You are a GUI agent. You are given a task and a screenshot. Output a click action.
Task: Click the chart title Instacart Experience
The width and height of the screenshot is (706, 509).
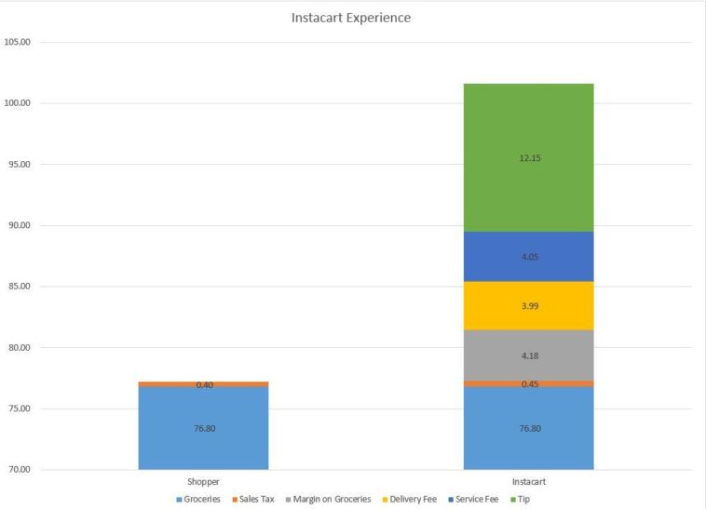click(x=350, y=18)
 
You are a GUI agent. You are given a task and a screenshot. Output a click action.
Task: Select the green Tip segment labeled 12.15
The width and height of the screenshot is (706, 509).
click(x=528, y=158)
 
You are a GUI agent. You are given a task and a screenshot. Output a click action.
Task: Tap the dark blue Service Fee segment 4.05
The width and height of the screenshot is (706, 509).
click(x=528, y=257)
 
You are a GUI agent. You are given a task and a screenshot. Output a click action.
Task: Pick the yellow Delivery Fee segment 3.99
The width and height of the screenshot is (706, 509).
click(x=528, y=306)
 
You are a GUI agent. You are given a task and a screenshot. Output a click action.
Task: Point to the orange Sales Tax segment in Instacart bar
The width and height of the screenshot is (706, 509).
click(x=528, y=383)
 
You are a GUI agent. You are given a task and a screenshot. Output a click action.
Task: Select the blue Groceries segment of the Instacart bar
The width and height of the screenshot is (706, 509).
click(x=528, y=429)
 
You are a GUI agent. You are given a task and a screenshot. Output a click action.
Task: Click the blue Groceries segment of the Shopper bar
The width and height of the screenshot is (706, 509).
click(x=203, y=429)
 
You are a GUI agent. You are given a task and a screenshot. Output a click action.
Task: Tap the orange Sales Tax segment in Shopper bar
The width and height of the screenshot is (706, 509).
click(x=203, y=383)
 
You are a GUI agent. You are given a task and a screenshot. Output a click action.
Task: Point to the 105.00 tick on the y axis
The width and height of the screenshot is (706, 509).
click(x=18, y=42)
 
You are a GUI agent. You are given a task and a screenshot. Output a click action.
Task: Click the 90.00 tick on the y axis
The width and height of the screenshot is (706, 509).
click(x=18, y=225)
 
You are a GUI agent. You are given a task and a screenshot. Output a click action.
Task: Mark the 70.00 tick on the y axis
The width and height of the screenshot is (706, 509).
click(x=18, y=470)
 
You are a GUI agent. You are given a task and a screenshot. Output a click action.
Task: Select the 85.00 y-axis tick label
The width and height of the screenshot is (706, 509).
click(x=18, y=287)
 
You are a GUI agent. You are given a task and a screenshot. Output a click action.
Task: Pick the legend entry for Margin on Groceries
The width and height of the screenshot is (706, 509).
click(x=332, y=500)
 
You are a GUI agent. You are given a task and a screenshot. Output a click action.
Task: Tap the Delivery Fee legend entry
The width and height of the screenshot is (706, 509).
click(x=411, y=500)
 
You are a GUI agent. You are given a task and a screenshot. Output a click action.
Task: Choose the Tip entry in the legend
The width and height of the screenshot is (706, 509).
click(x=524, y=500)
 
